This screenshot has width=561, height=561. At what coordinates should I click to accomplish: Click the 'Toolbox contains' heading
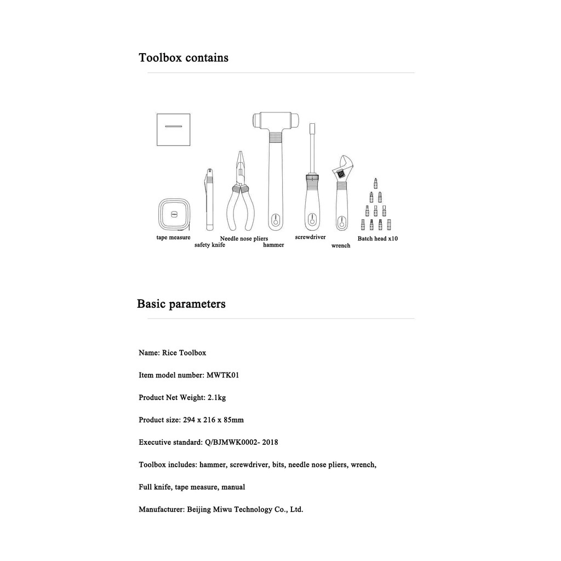click(184, 58)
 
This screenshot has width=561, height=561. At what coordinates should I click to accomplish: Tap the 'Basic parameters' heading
click(181, 304)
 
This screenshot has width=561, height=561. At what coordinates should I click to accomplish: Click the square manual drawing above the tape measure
click(173, 130)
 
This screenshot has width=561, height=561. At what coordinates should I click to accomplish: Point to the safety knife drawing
click(209, 200)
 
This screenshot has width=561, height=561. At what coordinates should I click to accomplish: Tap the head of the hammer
click(276, 120)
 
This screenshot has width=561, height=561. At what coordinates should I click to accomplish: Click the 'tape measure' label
click(173, 237)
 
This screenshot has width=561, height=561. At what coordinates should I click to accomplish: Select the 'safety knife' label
click(209, 245)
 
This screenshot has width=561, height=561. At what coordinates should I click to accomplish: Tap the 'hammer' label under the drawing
click(273, 245)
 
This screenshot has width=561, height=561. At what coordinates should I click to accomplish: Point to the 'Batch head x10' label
click(377, 239)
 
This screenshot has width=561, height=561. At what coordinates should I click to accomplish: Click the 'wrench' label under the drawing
click(341, 245)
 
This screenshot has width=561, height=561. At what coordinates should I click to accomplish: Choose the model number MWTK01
click(222, 375)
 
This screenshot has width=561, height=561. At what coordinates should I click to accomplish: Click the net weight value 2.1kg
click(216, 398)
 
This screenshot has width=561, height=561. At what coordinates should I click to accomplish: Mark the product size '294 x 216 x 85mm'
click(213, 420)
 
